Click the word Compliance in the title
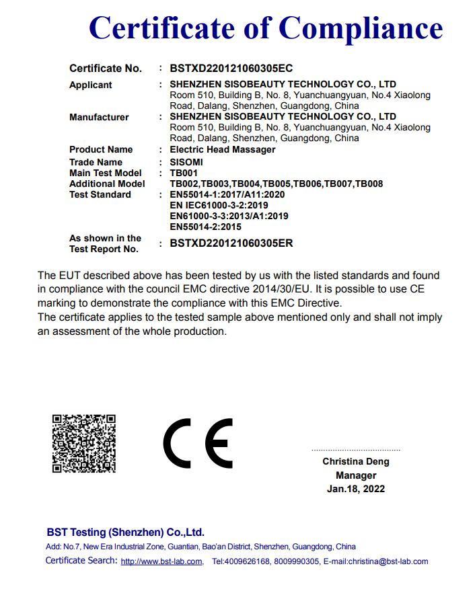[361, 28]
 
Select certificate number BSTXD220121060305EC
[231, 69]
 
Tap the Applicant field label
[91, 85]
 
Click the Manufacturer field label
[99, 117]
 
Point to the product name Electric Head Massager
[223, 149]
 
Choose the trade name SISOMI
[186, 162]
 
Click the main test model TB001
[184, 173]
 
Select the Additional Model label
[107, 184]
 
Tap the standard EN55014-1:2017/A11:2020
[227, 194]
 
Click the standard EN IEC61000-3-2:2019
[219, 205]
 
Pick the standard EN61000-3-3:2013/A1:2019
[229, 216]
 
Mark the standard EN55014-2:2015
[206, 227]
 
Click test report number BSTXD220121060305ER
[231, 243]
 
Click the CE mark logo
[197, 444]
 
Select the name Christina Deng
[356, 462]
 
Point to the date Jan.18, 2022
[356, 489]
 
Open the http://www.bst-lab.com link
[161, 561]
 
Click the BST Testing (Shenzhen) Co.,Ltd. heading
[125, 532]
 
